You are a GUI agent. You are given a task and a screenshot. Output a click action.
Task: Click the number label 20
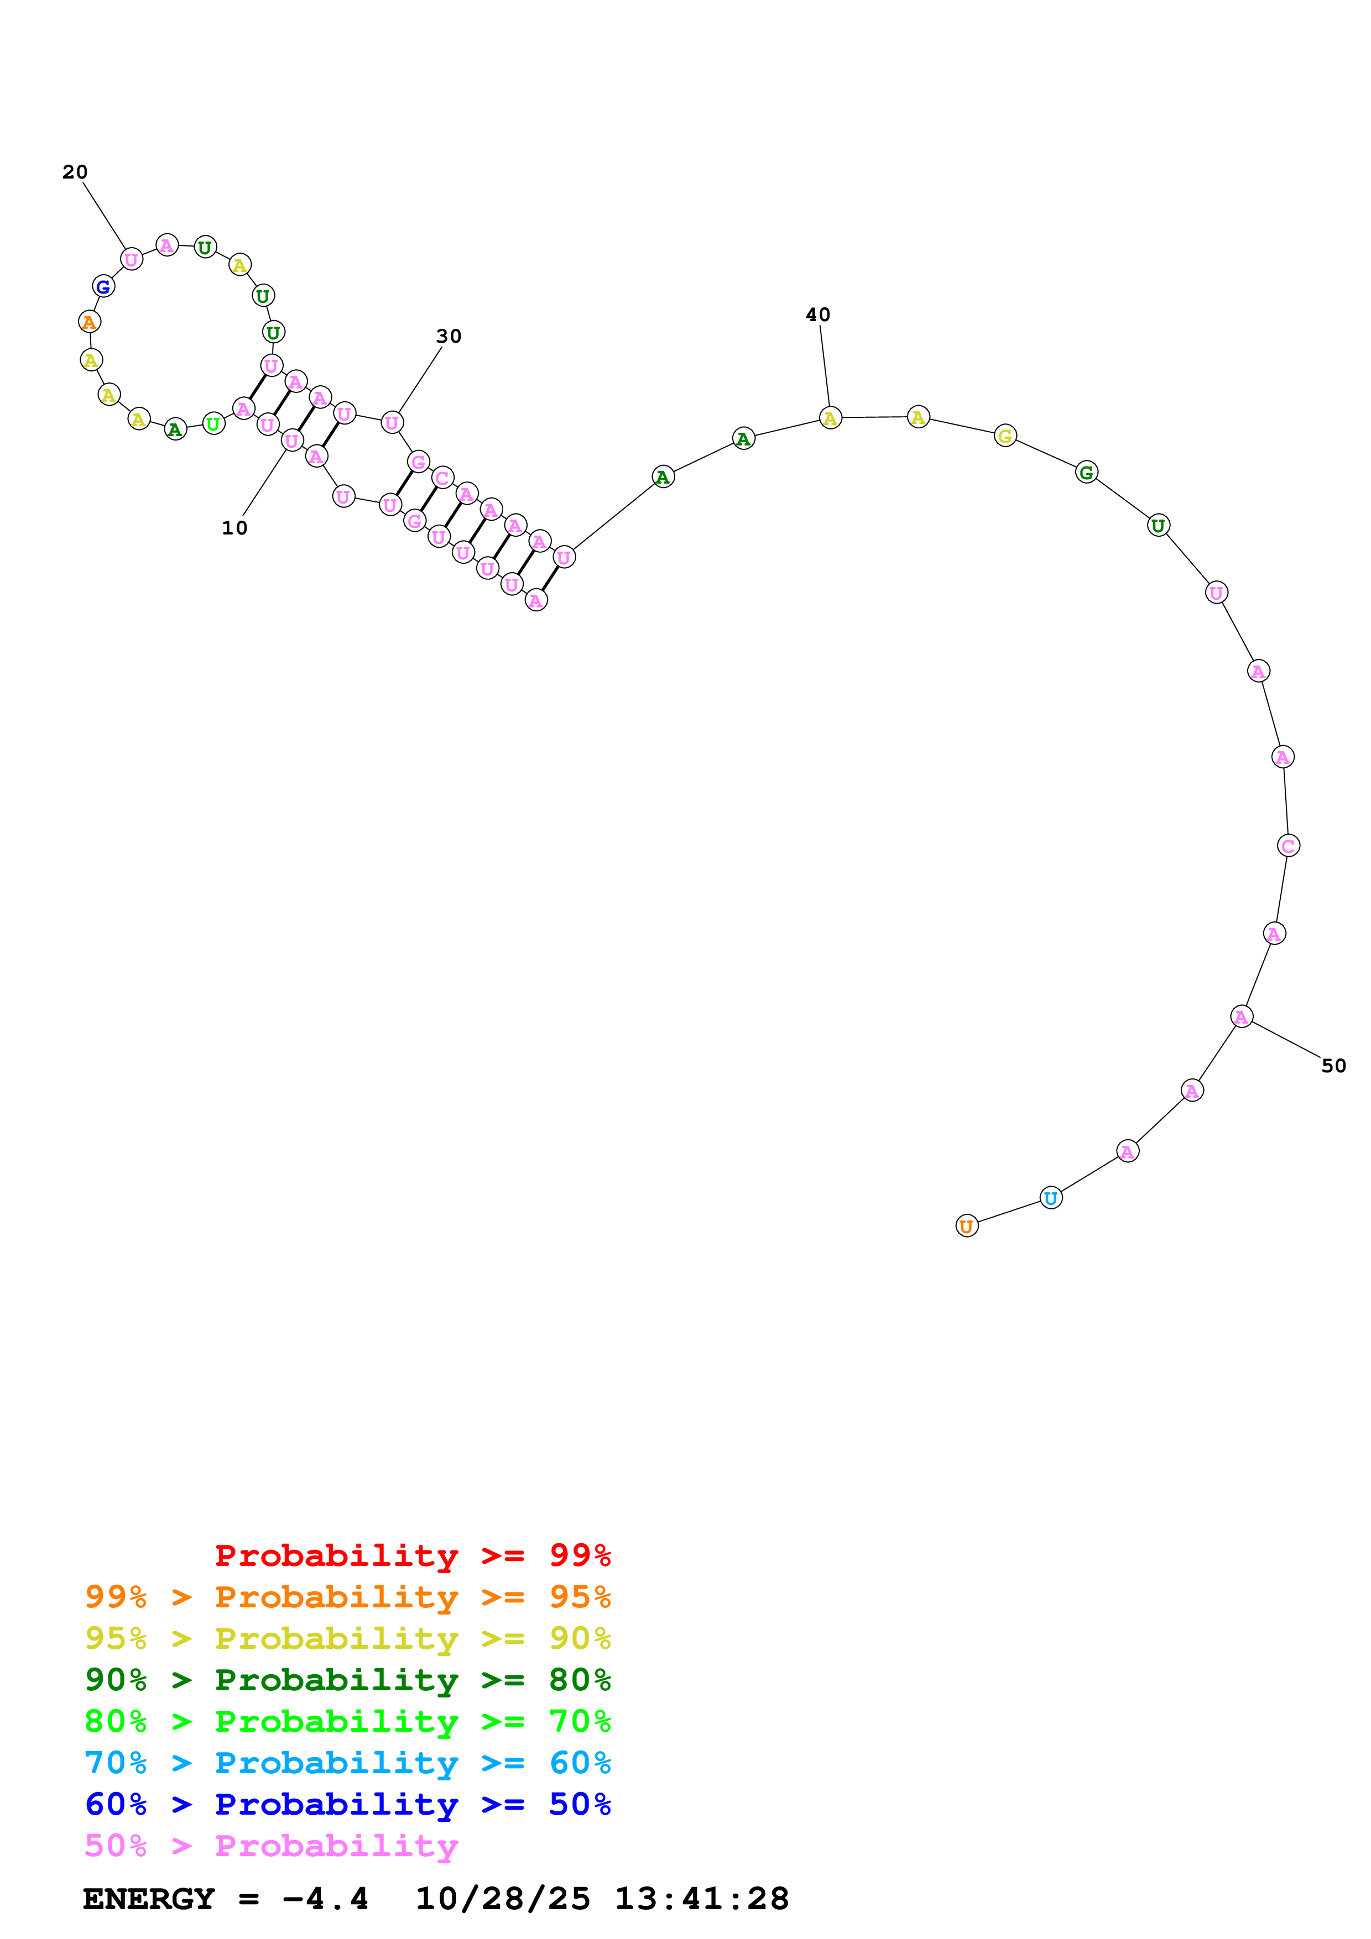(75, 172)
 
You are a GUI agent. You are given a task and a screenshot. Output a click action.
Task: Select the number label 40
(818, 315)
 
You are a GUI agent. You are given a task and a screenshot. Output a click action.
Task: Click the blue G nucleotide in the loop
(103, 286)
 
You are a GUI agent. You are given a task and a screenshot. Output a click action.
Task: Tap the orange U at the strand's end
(966, 1225)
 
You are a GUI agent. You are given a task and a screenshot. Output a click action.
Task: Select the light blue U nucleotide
(1050, 1198)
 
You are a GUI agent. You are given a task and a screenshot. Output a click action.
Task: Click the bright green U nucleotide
(213, 424)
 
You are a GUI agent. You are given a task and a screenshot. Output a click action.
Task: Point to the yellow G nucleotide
(1004, 436)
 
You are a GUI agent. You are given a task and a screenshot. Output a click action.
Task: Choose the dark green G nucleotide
(1086, 472)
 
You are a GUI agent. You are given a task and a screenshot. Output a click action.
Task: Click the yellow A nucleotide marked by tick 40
(830, 417)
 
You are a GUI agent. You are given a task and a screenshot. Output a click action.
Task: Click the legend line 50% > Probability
(270, 1846)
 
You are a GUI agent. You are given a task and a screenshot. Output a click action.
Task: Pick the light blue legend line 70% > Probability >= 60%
(347, 1763)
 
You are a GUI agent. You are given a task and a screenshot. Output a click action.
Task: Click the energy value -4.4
(325, 1899)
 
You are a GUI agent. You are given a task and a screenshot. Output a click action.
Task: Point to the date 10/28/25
(503, 1899)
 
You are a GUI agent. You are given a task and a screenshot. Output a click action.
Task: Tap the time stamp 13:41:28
(701, 1899)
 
